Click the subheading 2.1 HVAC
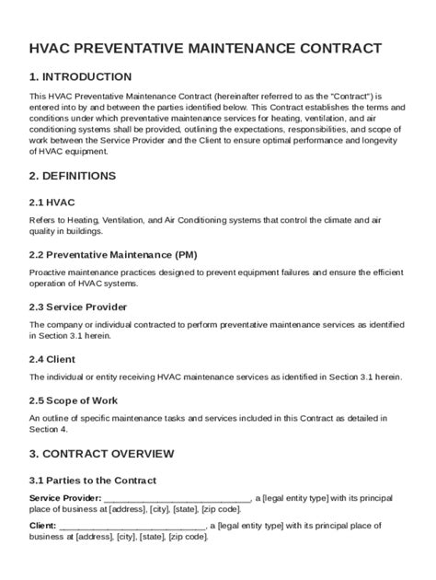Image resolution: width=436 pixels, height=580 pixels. [53, 200]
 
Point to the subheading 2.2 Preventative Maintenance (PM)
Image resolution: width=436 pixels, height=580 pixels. [113, 253]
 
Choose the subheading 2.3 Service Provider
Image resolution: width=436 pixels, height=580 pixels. [78, 307]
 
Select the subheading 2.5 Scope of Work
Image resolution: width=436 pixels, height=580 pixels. [75, 400]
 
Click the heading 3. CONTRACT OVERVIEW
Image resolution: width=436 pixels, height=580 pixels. [102, 453]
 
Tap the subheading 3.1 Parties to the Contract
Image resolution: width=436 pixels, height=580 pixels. [93, 480]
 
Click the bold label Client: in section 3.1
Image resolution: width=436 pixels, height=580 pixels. [43, 526]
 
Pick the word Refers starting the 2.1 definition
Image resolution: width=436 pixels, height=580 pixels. [43, 220]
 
